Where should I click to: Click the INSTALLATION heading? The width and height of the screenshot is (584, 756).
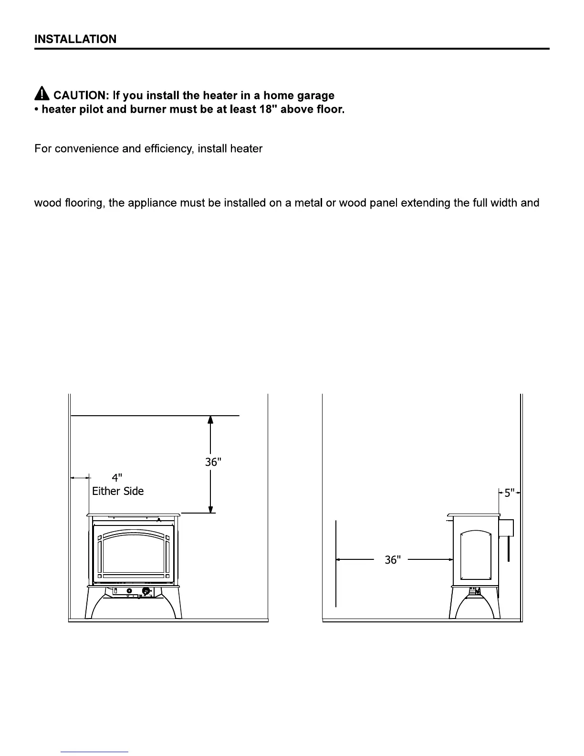point(75,39)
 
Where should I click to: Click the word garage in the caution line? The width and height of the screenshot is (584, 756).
point(315,96)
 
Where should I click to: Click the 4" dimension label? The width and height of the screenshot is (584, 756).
point(117,478)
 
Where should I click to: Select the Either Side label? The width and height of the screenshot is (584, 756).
point(118,491)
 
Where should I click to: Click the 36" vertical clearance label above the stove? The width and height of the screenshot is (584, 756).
point(213,462)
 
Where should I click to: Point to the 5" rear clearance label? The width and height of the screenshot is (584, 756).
point(509,493)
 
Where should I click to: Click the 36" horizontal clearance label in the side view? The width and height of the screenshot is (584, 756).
point(392,559)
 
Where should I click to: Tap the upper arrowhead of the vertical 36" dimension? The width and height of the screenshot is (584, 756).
point(210,420)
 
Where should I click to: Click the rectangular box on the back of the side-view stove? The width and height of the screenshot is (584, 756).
point(506,527)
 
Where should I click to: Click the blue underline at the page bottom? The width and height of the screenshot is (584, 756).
point(94,752)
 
